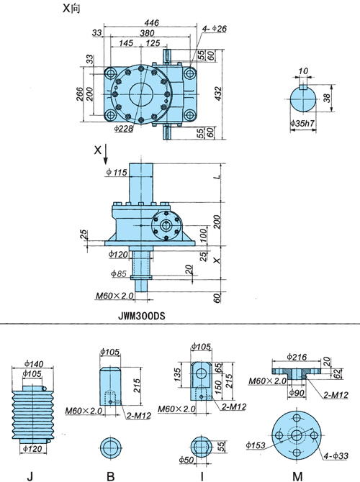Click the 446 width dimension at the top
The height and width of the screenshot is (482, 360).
pyautogui.click(x=151, y=23)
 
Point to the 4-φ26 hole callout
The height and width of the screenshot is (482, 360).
pyautogui.click(x=214, y=29)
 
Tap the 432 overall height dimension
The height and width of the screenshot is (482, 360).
pyautogui.click(x=217, y=94)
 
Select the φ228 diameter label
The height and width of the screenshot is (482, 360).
pyautogui.click(x=123, y=128)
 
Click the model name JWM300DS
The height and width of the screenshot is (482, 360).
pyautogui.click(x=142, y=316)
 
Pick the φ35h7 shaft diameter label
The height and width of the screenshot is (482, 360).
pyautogui.click(x=302, y=124)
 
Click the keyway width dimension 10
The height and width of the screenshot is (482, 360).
pyautogui.click(x=303, y=71)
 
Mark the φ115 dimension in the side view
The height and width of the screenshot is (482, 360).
pyautogui.click(x=117, y=172)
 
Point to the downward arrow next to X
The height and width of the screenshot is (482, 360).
pyautogui.click(x=106, y=154)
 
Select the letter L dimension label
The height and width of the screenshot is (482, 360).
pyautogui.click(x=217, y=177)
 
